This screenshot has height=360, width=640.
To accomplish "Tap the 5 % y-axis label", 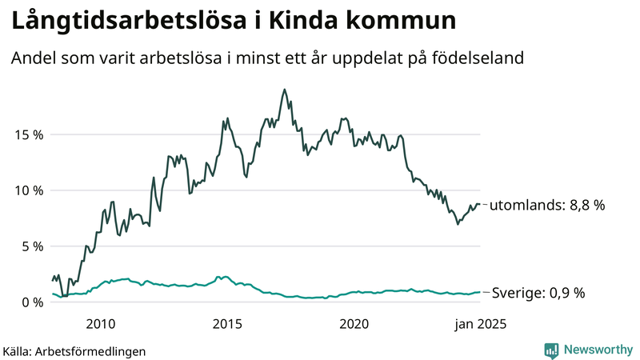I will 30,246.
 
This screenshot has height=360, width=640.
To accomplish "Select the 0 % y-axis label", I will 30,302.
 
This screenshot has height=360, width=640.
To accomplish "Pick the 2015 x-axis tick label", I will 227,324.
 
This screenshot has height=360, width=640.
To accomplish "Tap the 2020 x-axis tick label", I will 354,324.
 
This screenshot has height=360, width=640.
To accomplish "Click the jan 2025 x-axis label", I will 480,324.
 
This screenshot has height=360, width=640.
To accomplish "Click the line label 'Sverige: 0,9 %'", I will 538,293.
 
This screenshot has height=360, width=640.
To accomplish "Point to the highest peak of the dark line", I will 284,90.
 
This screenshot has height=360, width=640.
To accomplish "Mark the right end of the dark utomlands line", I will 480,204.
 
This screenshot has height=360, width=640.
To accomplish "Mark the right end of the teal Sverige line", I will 480,292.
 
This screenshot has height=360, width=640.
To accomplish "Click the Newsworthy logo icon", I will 551,350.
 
